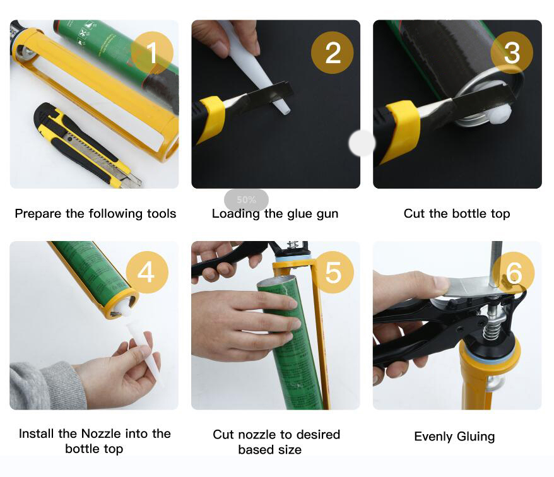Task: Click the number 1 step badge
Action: (152, 52)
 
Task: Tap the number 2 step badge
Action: (333, 52)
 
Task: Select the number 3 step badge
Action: (512, 52)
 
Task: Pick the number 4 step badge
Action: (147, 272)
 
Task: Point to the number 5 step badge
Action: (333, 272)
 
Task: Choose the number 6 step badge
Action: (513, 273)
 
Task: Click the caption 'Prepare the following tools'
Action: (95, 214)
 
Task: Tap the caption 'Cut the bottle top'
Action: (457, 214)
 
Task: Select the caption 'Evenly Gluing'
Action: (454, 437)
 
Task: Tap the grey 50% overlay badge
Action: (246, 200)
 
